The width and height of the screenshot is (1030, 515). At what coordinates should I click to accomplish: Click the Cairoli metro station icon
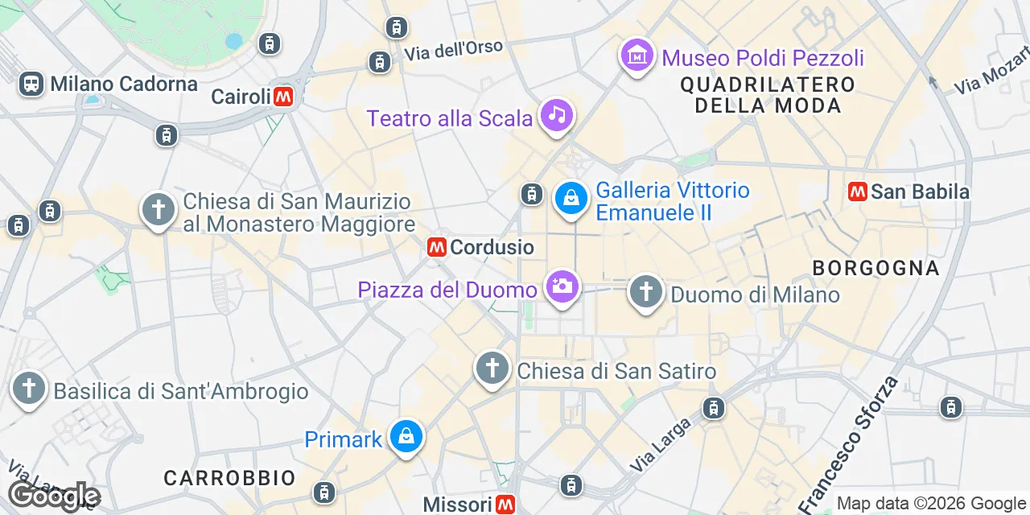(x=282, y=97)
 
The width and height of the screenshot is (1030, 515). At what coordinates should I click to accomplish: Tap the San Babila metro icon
(x=858, y=192)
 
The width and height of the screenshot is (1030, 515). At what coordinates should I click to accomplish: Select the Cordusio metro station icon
(x=437, y=247)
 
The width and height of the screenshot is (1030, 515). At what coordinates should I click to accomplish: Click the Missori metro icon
(x=505, y=505)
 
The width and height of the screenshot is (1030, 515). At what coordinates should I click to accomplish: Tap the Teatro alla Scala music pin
(x=556, y=115)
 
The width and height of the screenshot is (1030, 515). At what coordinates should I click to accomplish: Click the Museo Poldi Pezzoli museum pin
(x=637, y=56)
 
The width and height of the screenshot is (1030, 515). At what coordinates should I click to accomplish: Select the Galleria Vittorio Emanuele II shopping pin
(x=571, y=198)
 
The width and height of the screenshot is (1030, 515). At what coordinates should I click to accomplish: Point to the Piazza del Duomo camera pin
(x=562, y=286)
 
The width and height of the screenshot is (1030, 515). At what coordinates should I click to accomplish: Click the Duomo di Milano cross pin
(x=645, y=291)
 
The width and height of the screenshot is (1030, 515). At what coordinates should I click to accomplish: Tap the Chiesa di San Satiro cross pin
(x=492, y=369)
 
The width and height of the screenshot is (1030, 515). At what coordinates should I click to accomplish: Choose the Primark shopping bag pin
(x=406, y=437)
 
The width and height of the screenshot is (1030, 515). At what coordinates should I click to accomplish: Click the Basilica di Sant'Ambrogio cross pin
(x=29, y=389)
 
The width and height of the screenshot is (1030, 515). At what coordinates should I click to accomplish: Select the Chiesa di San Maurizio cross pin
(x=159, y=209)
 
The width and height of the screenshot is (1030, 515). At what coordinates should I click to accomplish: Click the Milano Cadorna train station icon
(x=31, y=84)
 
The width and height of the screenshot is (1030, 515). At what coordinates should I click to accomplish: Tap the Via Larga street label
(x=661, y=445)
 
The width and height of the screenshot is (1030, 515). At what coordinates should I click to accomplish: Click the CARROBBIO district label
(x=230, y=478)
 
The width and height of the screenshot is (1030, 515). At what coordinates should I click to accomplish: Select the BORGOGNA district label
(x=875, y=268)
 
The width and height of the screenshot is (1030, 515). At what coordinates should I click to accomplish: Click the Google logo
(x=53, y=496)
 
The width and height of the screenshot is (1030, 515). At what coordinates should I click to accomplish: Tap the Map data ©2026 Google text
(x=930, y=504)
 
